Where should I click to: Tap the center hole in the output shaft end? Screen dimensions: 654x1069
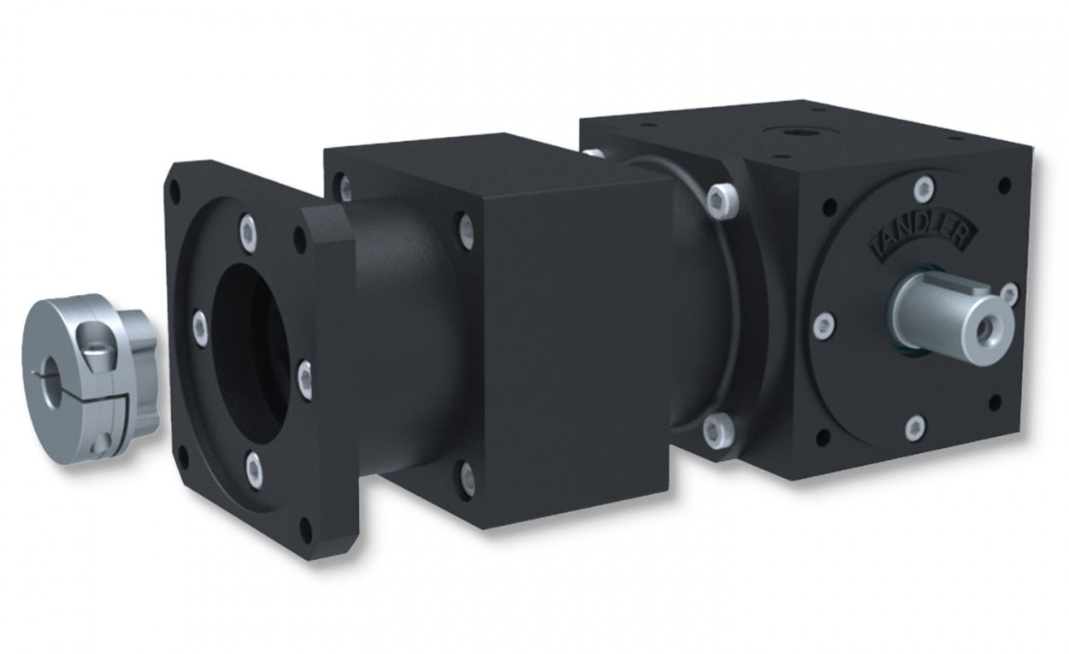coord(993,326)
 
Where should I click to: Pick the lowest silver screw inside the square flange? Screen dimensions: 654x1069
coord(254,465)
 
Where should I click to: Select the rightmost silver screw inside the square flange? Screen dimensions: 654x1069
coord(304,374)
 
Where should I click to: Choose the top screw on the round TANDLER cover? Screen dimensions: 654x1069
coord(924,186)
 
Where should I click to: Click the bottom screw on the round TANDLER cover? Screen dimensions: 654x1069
coord(915,425)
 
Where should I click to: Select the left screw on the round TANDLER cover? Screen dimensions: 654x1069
coord(824,324)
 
